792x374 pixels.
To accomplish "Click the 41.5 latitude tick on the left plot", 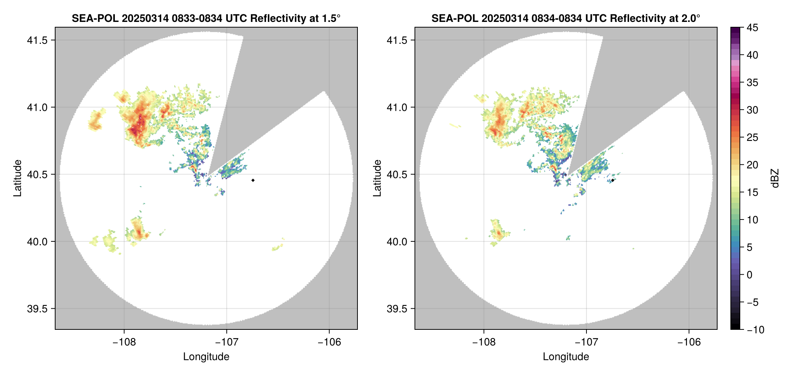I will (37, 40).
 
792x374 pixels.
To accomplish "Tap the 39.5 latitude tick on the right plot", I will (397, 309).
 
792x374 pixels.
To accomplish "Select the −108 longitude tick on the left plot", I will (124, 342).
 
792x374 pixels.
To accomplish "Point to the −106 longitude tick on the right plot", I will (689, 342).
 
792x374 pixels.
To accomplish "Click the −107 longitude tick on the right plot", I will (586, 342).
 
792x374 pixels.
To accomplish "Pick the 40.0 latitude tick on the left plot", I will (37, 242).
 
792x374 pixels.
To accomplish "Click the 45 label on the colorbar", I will (752, 28).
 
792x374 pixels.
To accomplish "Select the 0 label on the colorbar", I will (750, 275).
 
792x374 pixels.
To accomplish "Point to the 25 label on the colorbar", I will (752, 138).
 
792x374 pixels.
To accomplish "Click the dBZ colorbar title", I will (775, 178).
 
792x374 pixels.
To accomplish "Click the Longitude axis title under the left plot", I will (206, 357).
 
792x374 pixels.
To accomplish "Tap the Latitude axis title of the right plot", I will (377, 178).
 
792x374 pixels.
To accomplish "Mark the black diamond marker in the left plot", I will (253, 180).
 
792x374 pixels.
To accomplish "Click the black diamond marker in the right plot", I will (613, 180).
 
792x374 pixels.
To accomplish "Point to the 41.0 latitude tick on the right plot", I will (397, 108).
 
